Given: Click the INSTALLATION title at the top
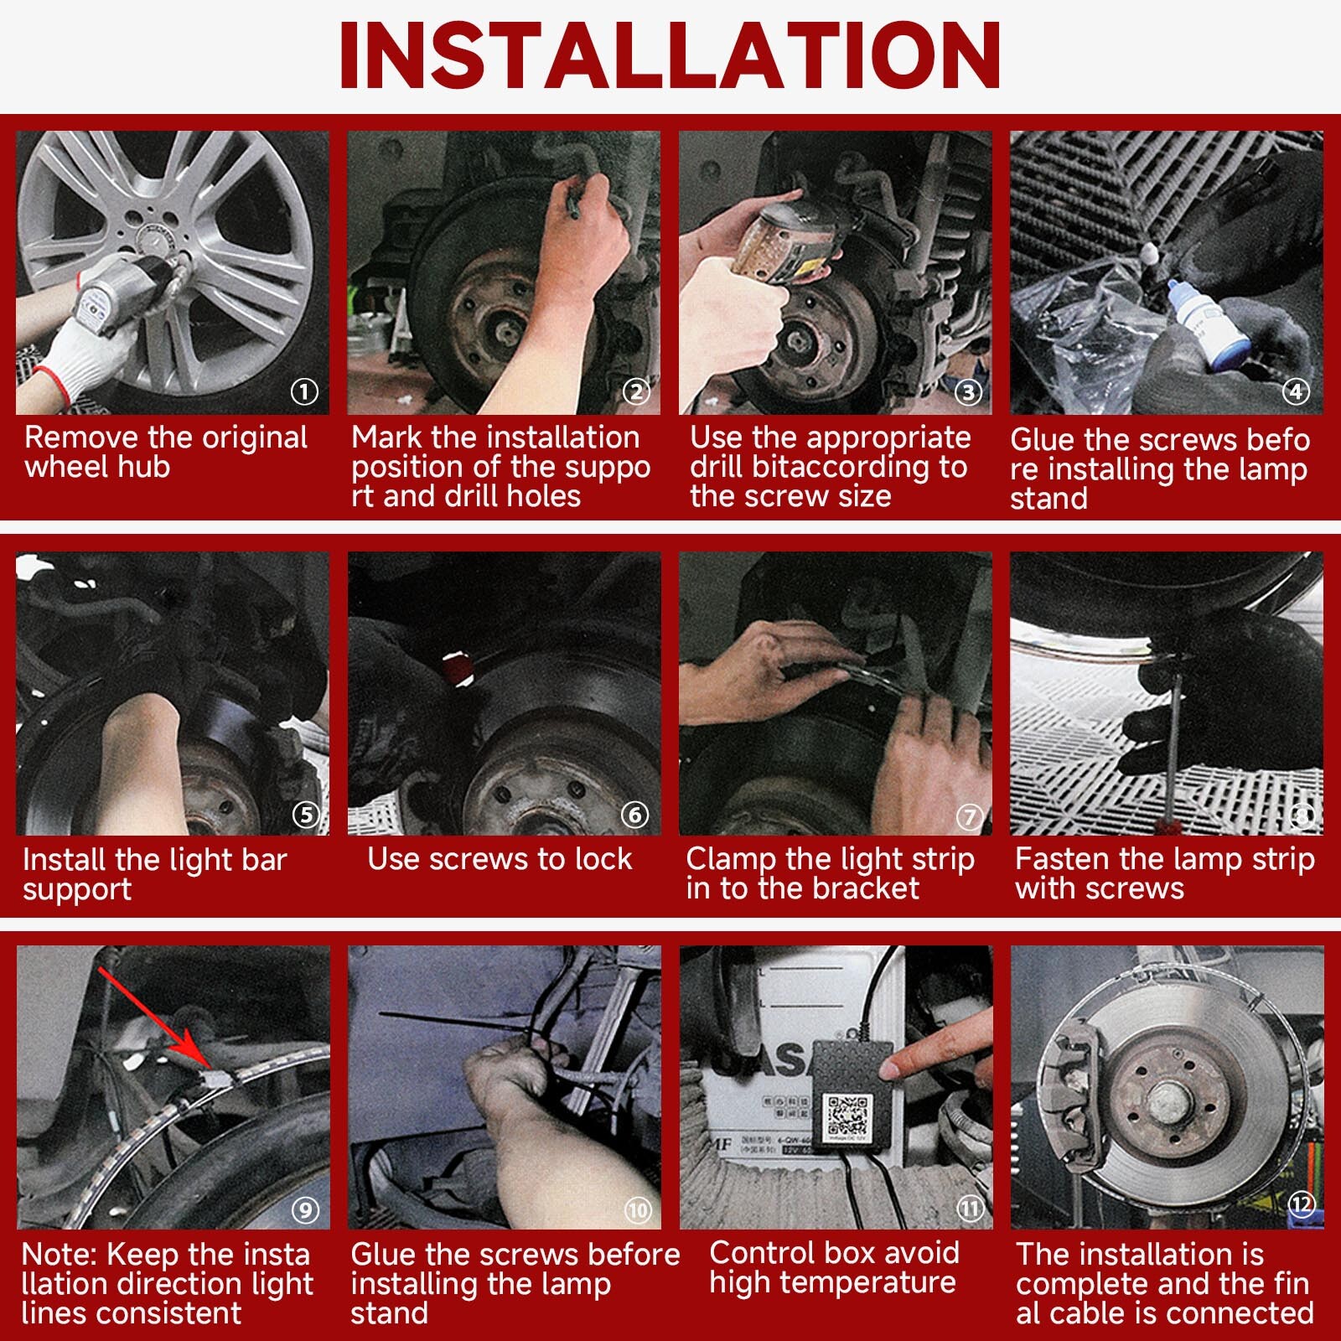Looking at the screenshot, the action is click(x=670, y=55).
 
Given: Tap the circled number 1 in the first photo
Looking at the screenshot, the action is click(x=304, y=391).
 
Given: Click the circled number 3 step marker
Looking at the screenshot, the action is click(x=969, y=392).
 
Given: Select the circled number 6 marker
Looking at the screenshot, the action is click(x=634, y=815).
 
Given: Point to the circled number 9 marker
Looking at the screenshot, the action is click(x=305, y=1209).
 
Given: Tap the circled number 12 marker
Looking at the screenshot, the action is click(x=1301, y=1205).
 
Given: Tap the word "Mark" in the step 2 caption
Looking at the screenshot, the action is click(x=386, y=438).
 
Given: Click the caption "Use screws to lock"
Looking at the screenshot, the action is click(x=500, y=859).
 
